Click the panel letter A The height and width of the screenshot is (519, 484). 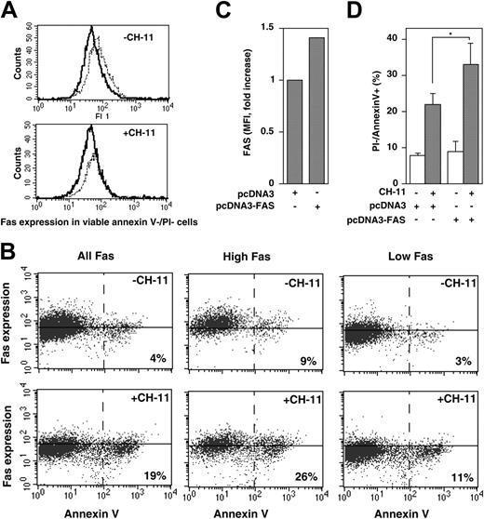pyautogui.click(x=11, y=12)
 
